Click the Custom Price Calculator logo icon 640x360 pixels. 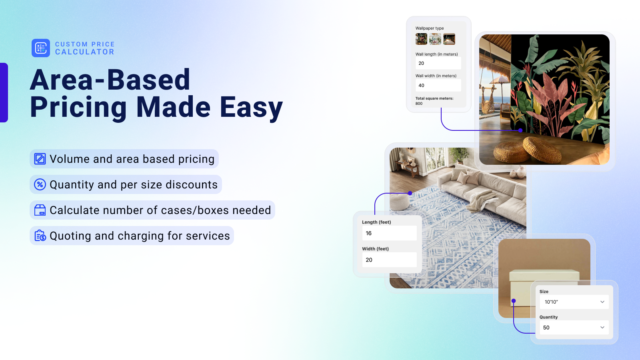tap(40, 48)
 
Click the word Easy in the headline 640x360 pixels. tap(251, 108)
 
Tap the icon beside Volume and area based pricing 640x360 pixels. tap(40, 159)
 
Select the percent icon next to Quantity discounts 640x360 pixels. tap(40, 184)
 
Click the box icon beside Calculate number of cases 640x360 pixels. tap(40, 210)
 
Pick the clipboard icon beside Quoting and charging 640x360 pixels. tap(40, 236)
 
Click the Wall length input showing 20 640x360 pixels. tap(438, 63)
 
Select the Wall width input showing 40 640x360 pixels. tap(438, 85)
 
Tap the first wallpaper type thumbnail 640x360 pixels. tap(421, 39)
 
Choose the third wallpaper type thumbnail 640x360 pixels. tap(449, 39)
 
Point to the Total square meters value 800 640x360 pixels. tap(419, 104)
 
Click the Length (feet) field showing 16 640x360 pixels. tap(389, 233)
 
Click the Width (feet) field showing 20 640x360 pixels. tap(389, 260)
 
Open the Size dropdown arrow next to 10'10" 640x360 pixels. tap(602, 302)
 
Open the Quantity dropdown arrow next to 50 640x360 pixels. tap(602, 328)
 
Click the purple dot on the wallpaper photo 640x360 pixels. tap(520, 130)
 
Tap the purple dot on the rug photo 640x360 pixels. tap(410, 193)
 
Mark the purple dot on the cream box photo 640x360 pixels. tap(514, 300)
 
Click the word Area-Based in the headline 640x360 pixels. tap(110, 80)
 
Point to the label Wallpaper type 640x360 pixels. tap(430, 28)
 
